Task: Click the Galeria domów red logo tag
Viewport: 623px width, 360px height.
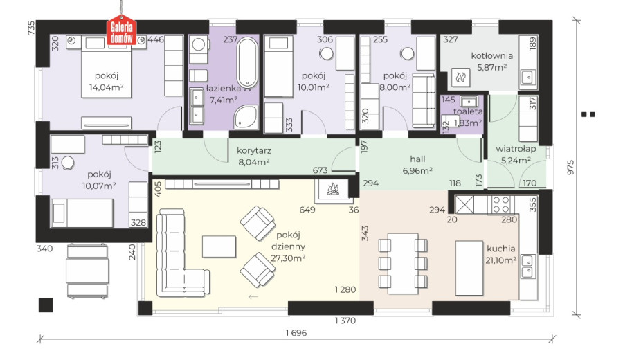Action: (x=122, y=30)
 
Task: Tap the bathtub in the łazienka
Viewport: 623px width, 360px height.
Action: (x=247, y=63)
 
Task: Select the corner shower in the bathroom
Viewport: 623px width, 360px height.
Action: (x=246, y=117)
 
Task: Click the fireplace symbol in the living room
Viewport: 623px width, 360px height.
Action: (x=332, y=189)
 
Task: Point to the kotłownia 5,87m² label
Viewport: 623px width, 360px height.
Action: (x=492, y=62)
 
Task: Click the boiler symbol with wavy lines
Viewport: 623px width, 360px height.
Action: (x=461, y=77)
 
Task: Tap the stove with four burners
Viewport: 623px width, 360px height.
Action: (x=501, y=205)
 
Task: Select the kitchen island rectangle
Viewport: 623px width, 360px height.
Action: (x=469, y=267)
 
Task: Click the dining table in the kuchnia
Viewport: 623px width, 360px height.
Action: (x=403, y=264)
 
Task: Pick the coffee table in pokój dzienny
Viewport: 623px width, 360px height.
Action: (x=219, y=246)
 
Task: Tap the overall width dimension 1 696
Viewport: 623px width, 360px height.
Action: (x=296, y=333)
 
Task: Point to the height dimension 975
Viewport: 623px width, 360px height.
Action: (x=570, y=168)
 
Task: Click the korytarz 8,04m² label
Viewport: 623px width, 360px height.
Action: (x=253, y=156)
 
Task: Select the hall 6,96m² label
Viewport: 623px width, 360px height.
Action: (x=417, y=165)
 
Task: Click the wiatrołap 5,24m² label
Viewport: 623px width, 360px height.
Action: (x=516, y=154)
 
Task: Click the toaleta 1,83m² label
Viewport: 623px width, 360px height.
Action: (x=468, y=117)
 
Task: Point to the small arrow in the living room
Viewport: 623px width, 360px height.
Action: (x=253, y=296)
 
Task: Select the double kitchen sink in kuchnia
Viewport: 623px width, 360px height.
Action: (x=527, y=267)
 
